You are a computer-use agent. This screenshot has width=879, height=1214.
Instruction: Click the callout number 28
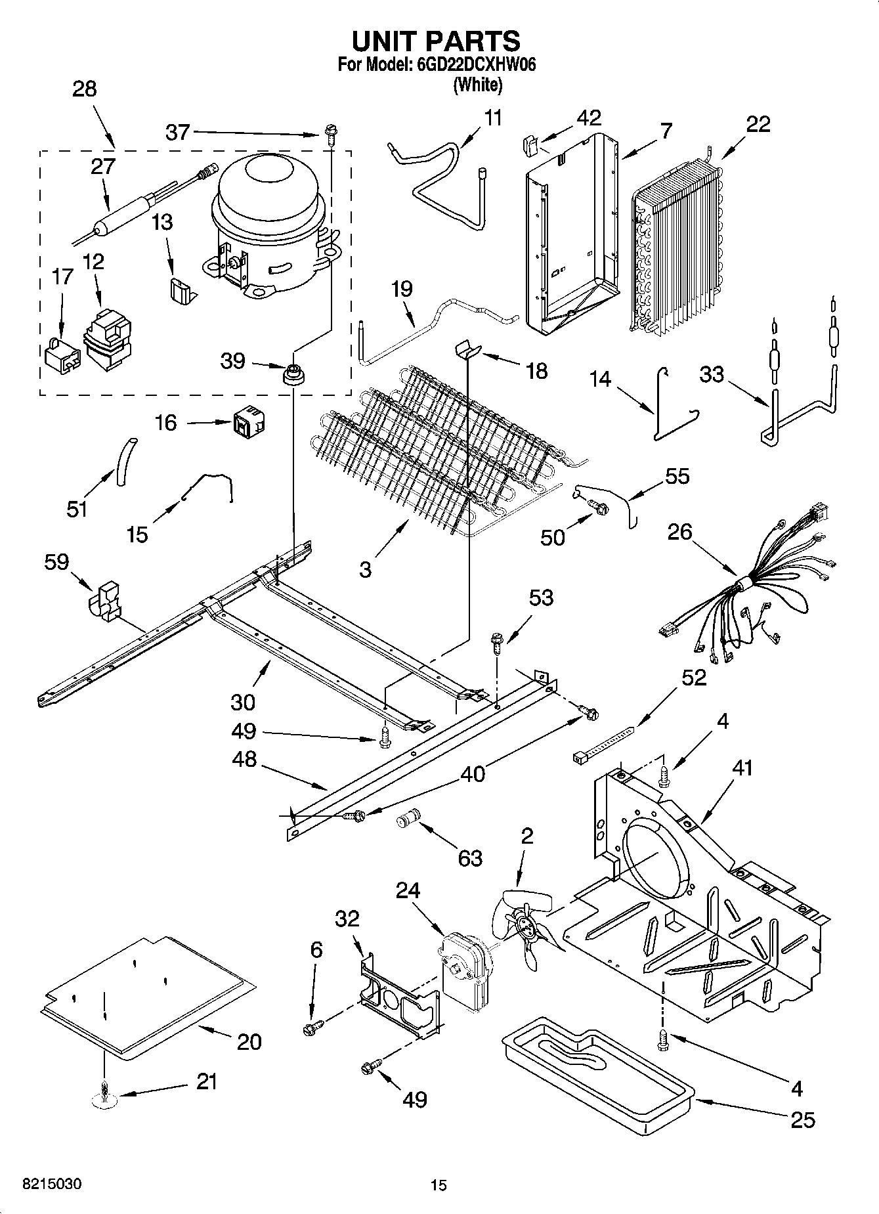pos(84,89)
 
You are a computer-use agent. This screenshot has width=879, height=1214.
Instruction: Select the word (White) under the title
pos(477,84)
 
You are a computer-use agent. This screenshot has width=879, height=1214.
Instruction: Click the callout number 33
pos(711,375)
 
